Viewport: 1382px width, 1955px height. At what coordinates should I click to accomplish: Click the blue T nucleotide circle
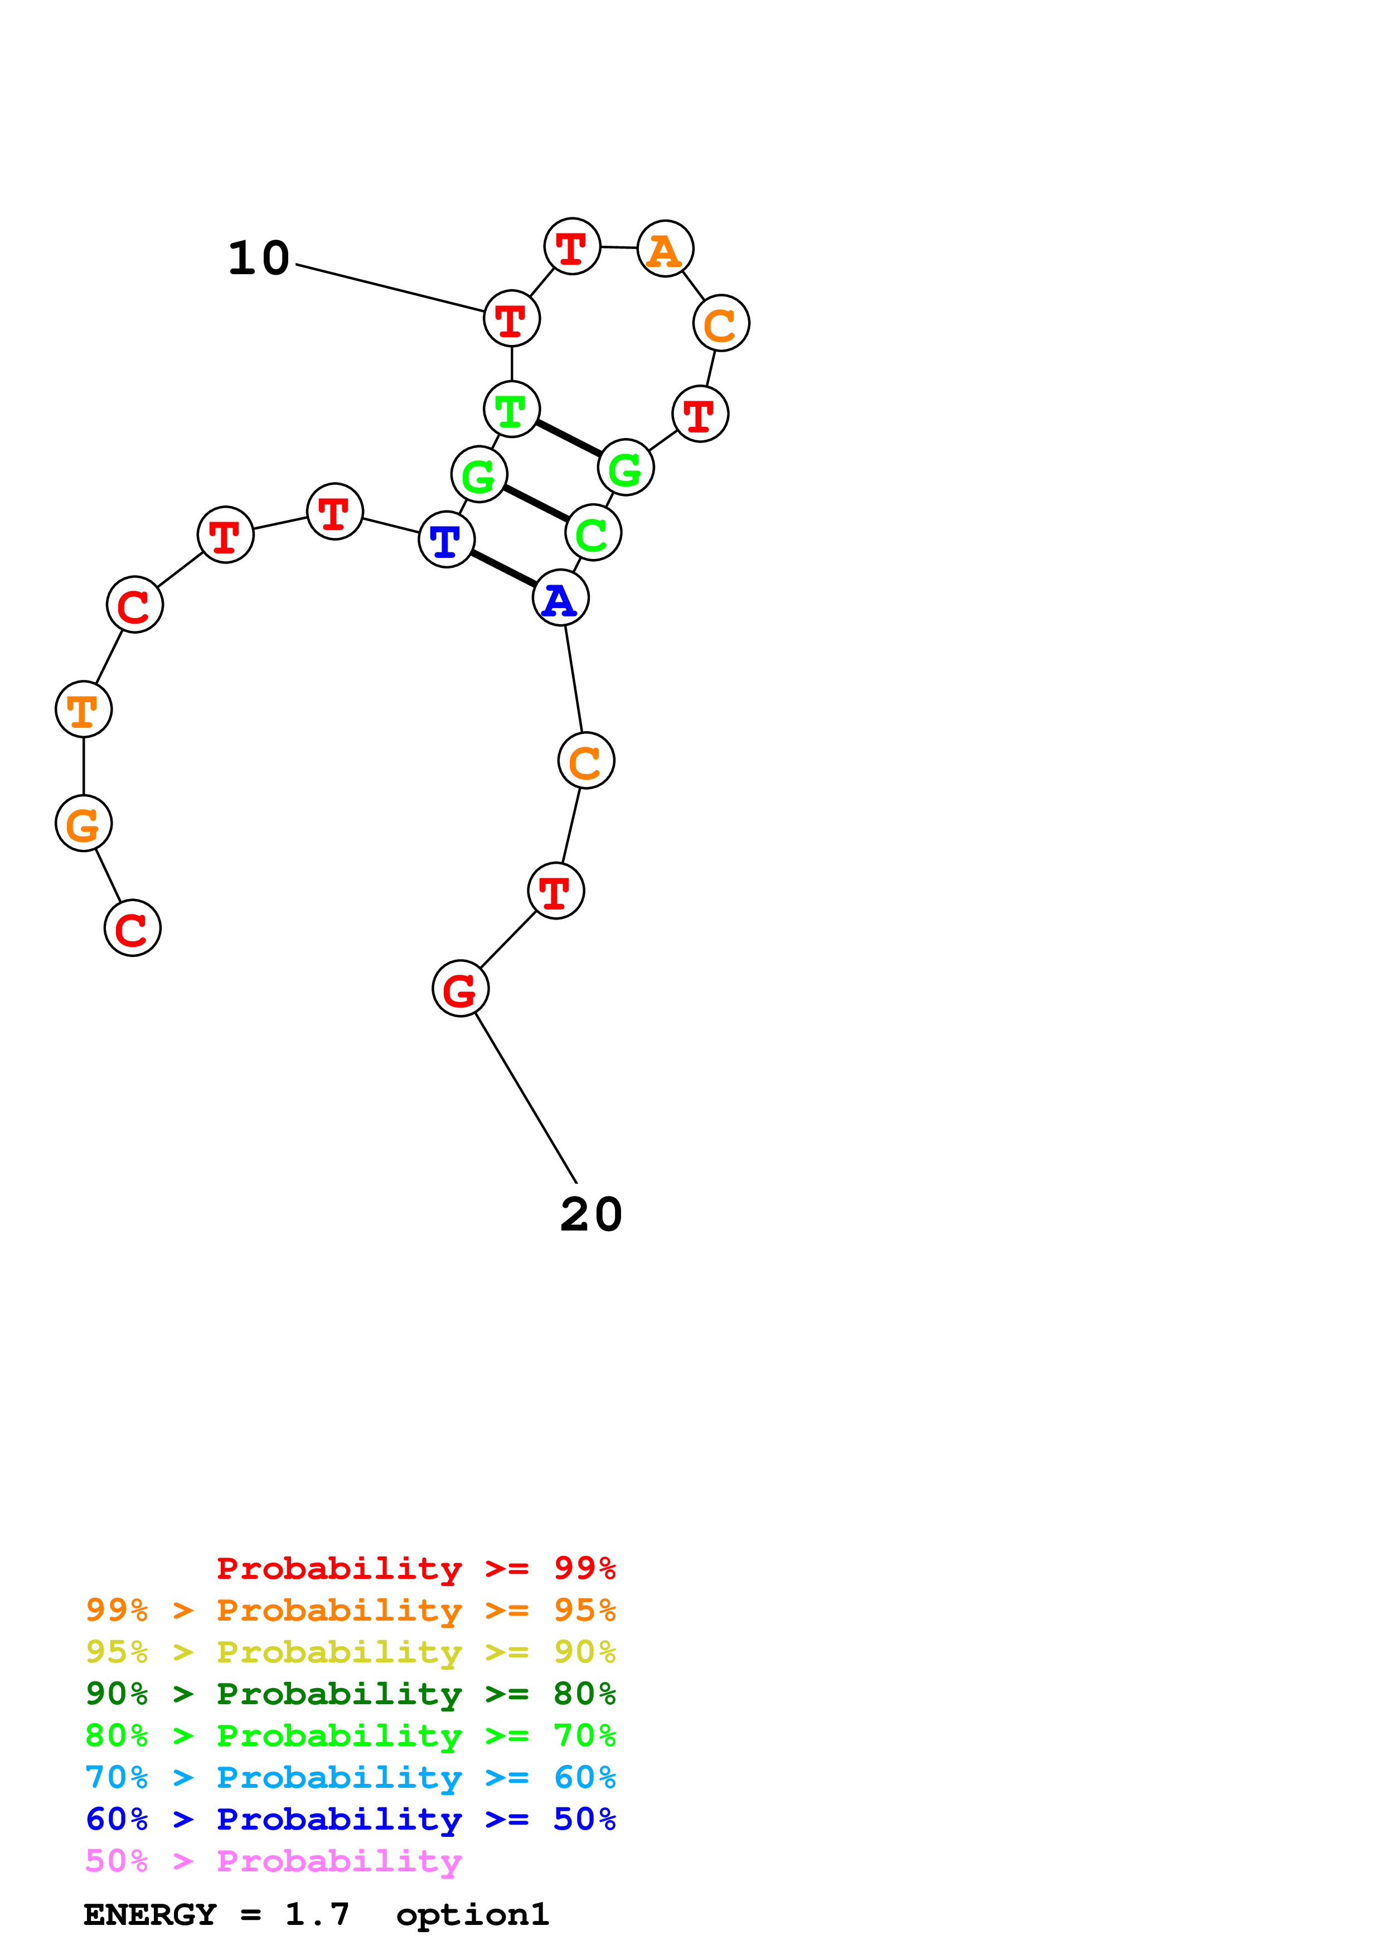tap(446, 539)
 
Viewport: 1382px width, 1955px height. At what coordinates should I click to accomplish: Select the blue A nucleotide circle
tap(560, 598)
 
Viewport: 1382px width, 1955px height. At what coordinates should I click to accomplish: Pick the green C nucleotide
tap(593, 533)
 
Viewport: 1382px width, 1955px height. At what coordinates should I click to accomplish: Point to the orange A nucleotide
tap(665, 249)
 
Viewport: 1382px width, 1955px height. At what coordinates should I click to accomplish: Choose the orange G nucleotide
tap(84, 823)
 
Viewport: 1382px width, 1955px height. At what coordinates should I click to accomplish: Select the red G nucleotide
tap(460, 989)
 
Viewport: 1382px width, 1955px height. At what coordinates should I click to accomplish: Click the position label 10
tap(259, 258)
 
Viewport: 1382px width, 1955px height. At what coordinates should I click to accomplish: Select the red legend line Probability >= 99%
tap(415, 1568)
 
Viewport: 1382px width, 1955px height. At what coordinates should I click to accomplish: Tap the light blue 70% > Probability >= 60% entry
tap(350, 1777)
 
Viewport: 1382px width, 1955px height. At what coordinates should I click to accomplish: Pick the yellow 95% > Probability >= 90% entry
tap(350, 1651)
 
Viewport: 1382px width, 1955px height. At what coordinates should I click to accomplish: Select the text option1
tap(473, 1914)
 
